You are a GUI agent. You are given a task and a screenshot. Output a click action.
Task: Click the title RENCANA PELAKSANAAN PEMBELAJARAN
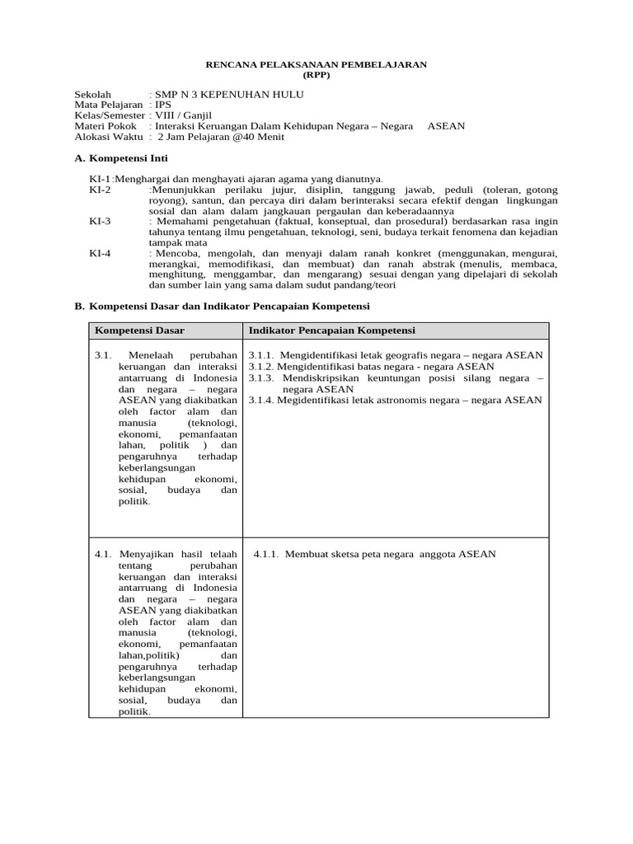[316, 64]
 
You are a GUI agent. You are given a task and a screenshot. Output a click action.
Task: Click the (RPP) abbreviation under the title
[316, 74]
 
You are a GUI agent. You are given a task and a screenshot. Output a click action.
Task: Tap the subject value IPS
[164, 105]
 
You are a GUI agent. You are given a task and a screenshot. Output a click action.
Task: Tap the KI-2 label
[100, 189]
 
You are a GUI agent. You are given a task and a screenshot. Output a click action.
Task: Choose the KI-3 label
[100, 221]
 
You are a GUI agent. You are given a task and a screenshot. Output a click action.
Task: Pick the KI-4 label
[100, 253]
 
